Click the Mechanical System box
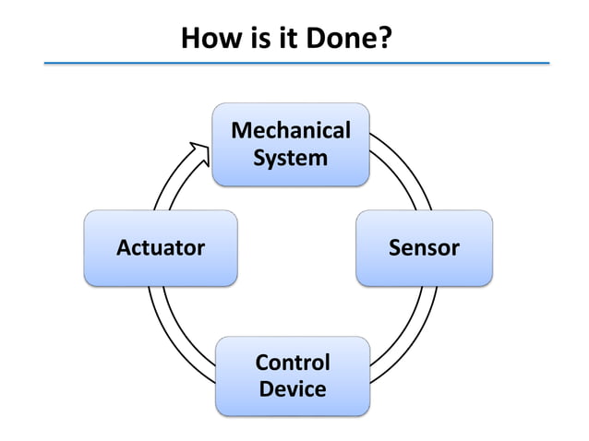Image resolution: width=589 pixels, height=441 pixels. click(291, 144)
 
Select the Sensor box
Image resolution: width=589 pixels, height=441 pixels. click(424, 247)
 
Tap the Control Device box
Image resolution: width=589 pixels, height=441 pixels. click(293, 375)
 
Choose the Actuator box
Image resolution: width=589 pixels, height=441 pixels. click(161, 247)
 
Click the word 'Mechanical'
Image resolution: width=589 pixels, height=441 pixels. click(291, 130)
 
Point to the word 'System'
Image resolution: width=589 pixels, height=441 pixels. click(291, 158)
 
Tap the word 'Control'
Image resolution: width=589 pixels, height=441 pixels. click(293, 362)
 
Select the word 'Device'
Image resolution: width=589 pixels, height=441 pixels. click(293, 388)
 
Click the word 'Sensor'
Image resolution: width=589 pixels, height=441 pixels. click(424, 247)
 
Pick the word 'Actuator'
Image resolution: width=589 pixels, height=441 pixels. click(161, 247)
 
